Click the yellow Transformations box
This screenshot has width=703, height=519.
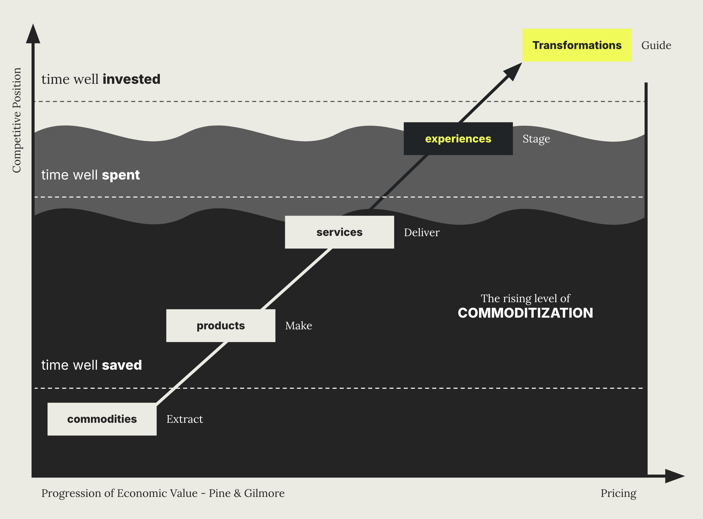577,45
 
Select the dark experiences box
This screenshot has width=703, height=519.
458,139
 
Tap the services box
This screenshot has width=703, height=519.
339,232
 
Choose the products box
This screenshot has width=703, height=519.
221,326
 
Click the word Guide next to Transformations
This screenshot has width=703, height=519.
656,45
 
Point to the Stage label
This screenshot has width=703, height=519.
536,139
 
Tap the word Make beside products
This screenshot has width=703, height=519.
298,326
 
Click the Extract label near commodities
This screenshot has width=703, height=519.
185,419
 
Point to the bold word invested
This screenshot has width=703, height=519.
131,79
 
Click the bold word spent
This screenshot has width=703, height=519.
121,175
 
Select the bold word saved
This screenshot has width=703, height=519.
122,365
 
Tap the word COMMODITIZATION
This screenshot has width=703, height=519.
525,313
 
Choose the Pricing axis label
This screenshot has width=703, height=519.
618,493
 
